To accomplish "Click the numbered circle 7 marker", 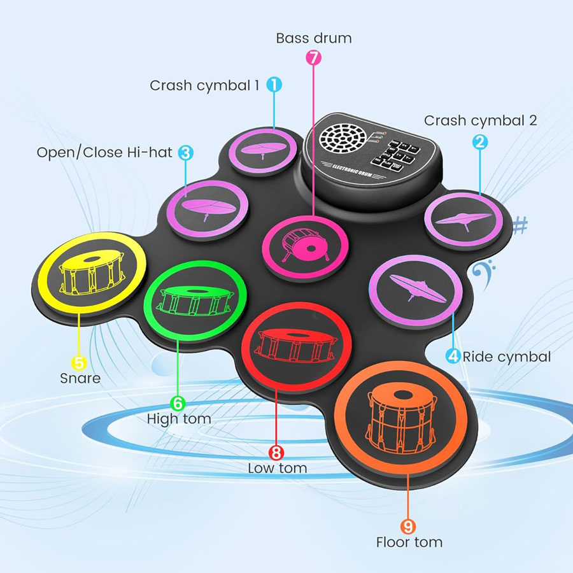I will click(x=313, y=57).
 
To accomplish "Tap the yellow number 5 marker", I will click(x=79, y=363).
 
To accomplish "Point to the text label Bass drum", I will click(x=313, y=38).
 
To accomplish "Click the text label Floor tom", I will click(x=409, y=543).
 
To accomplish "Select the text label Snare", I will click(x=80, y=379).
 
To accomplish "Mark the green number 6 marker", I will click(x=178, y=403).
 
